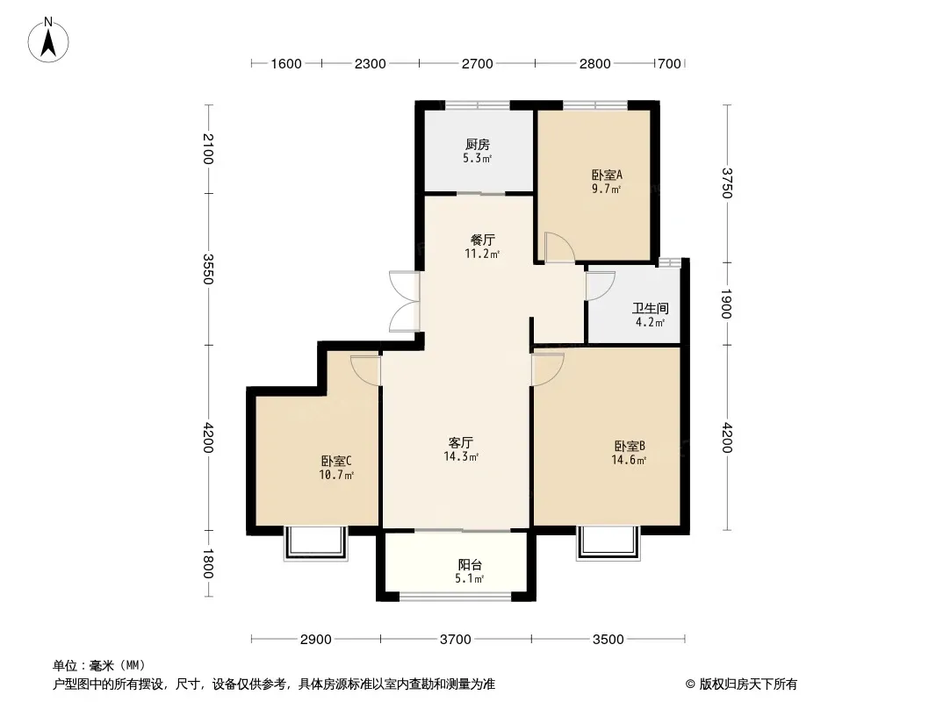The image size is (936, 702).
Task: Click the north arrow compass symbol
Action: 48,40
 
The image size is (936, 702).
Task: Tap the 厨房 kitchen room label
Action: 478,144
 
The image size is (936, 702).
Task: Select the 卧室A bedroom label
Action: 607,175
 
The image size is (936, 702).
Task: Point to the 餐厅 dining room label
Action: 482,240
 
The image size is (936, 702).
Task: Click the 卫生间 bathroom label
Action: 650,308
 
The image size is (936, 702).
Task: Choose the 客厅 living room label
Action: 461,442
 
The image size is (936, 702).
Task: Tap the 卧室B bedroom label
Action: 630,446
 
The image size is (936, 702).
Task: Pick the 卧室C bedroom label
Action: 336,461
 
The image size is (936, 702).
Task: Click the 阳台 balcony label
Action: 470,564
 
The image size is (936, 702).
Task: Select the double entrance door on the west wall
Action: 405,301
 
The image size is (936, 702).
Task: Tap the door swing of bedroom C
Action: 365,370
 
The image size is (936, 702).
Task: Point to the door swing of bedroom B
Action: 547,369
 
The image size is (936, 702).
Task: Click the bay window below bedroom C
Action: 316,543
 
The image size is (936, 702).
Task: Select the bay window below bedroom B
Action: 608,543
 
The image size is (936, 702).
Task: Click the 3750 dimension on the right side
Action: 726,183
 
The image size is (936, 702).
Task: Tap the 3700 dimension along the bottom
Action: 456,640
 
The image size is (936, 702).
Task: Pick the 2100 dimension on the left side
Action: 208,148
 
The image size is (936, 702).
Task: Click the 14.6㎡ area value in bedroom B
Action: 630,460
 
